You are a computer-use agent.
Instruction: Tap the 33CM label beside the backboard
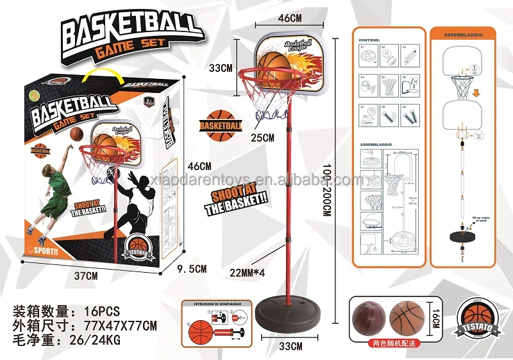point(223,67)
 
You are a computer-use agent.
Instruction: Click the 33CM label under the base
point(290,347)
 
